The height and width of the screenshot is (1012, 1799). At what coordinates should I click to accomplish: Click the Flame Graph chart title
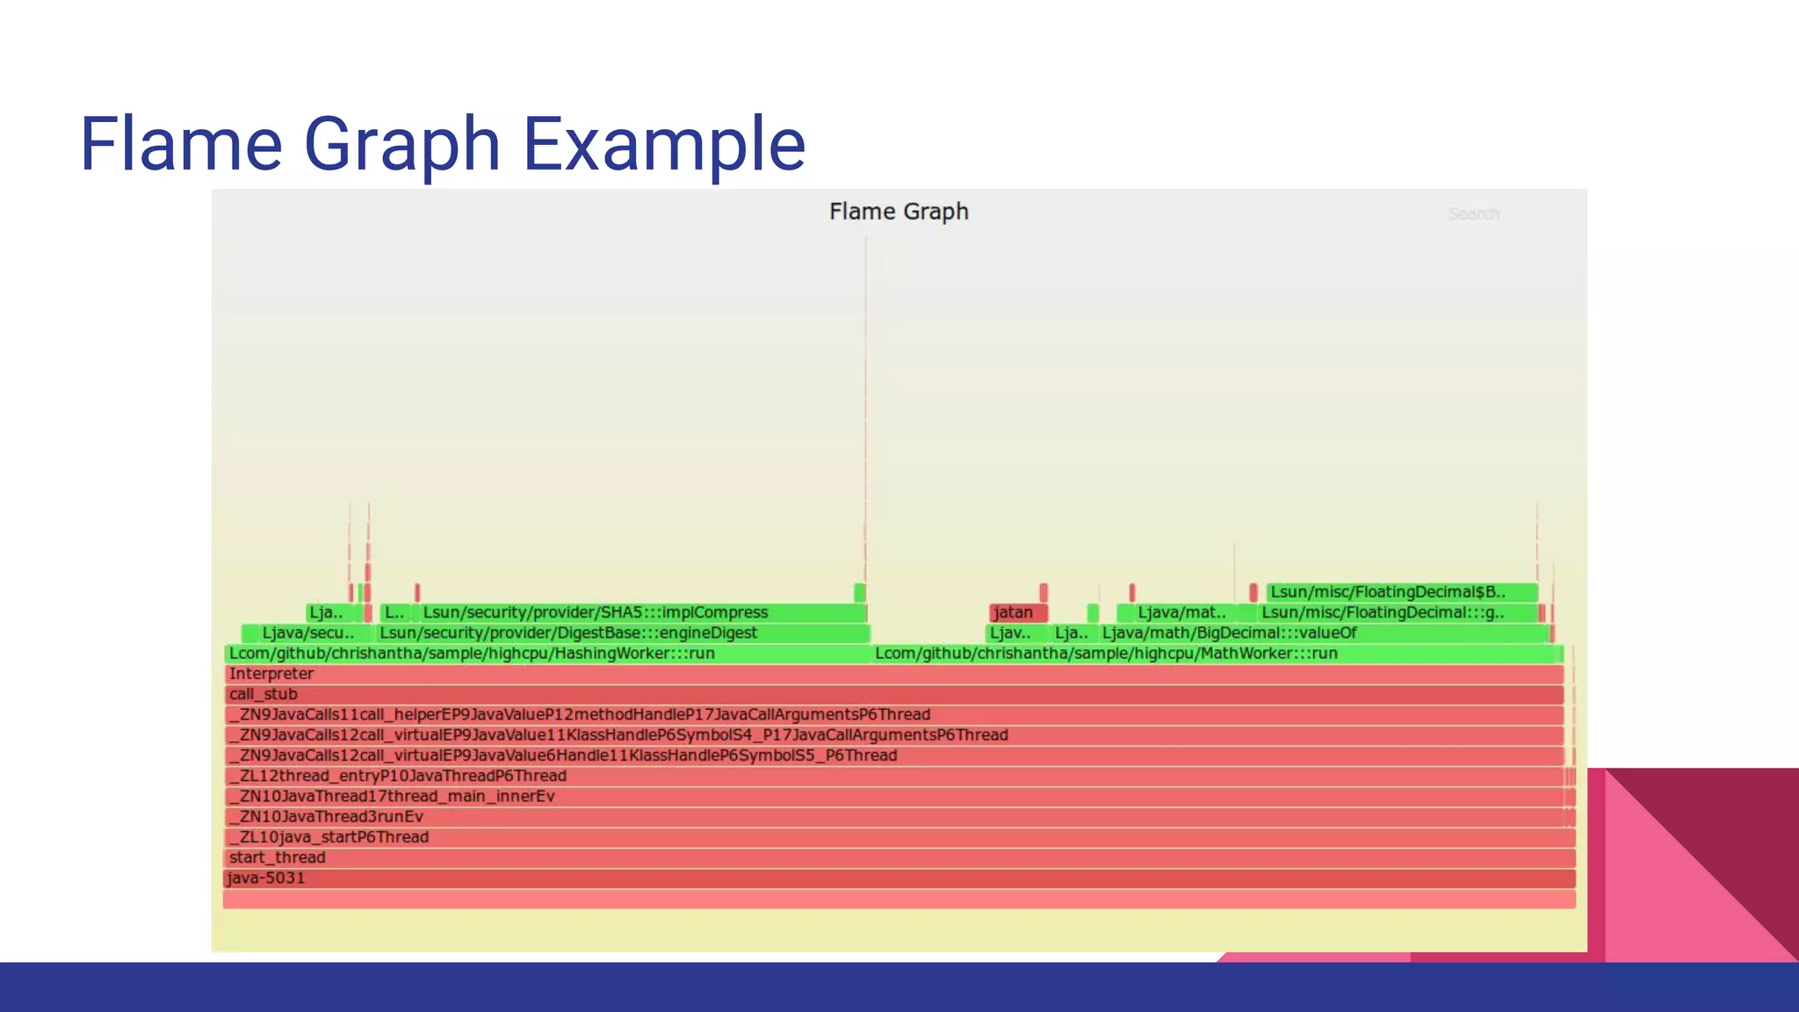[x=898, y=212]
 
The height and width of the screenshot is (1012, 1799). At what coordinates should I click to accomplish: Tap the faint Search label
[x=1473, y=213]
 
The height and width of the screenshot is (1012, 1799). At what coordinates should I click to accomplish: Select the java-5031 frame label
[x=266, y=878]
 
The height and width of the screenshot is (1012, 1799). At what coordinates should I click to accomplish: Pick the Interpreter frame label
[x=271, y=674]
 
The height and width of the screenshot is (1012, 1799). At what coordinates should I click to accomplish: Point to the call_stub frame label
[x=263, y=694]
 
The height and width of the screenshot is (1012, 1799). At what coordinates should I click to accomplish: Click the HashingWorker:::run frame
[x=472, y=654]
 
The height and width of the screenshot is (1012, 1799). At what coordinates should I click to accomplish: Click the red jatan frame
[x=1015, y=612]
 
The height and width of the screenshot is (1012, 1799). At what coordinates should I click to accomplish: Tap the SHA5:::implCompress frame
[x=596, y=612]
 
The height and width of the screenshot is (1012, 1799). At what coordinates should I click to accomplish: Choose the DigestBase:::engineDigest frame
[x=568, y=632]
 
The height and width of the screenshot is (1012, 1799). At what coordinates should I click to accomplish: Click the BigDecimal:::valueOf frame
[x=1229, y=632]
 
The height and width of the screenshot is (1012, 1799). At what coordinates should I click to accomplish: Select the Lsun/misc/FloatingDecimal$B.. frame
[x=1388, y=592]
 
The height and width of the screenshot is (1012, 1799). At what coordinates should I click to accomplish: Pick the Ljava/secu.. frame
[x=307, y=632]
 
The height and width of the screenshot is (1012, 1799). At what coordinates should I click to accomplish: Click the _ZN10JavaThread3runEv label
[x=326, y=817]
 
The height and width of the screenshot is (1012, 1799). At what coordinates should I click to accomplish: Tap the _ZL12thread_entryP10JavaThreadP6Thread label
[x=398, y=776]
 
